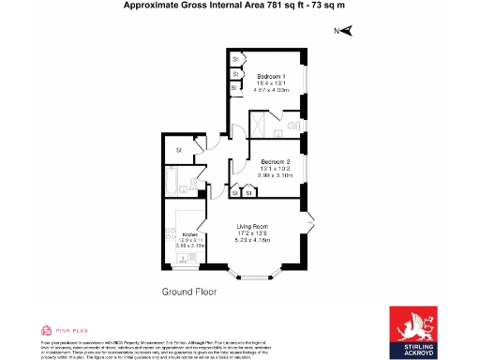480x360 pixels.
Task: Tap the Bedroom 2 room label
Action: click(276, 162)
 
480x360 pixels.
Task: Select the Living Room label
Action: click(252, 225)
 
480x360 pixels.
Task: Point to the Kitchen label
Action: click(188, 235)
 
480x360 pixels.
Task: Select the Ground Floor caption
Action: click(188, 292)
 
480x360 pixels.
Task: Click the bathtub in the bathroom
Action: click(175, 177)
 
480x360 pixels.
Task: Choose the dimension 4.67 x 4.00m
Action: click(272, 89)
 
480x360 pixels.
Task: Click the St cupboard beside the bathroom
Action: click(176, 149)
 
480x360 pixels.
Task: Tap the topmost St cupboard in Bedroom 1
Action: click(235, 59)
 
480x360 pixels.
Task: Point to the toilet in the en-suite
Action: click(294, 123)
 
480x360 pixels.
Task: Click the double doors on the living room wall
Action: click(308, 224)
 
